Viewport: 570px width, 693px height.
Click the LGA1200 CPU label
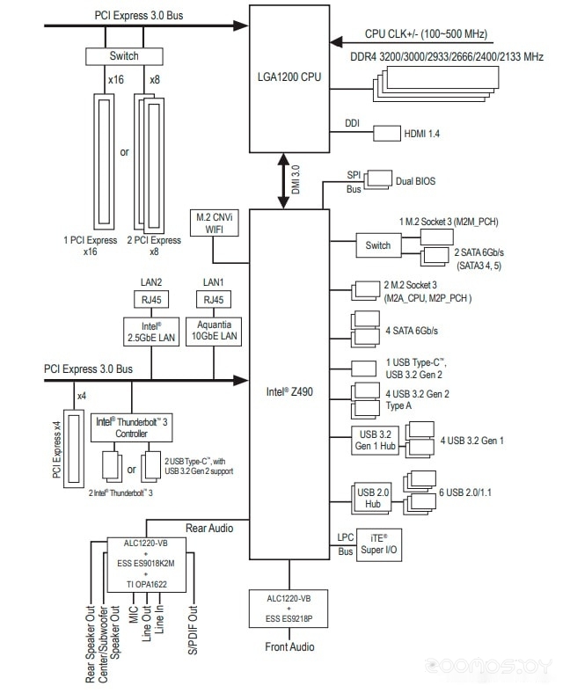coord(289,77)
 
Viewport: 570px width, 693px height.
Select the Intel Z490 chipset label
coord(289,391)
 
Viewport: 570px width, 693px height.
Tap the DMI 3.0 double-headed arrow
coord(283,181)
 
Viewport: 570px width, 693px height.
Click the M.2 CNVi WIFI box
coord(215,222)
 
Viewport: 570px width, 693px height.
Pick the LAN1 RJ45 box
coord(214,300)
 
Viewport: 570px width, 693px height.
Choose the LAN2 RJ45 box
coord(151,300)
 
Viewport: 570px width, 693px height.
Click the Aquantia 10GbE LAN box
coord(214,331)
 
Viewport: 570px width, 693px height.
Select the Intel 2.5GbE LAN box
coord(151,331)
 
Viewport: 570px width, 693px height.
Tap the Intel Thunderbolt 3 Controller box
coord(131,427)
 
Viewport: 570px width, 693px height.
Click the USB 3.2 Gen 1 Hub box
coord(376,441)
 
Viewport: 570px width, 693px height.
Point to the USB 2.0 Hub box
coord(372,498)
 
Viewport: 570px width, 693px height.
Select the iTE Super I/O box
coord(379,545)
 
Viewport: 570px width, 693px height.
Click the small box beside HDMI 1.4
coord(387,134)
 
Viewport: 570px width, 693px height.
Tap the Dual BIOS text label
coord(416,181)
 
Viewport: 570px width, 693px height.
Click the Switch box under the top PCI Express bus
coord(124,56)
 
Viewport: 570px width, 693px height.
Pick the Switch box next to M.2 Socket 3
coord(378,245)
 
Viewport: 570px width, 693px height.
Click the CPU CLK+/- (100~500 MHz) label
coord(426,34)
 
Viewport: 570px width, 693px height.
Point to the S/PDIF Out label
coord(193,630)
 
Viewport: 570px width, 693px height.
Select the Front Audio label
coord(289,647)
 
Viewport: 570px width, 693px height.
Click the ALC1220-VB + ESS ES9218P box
coord(289,609)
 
